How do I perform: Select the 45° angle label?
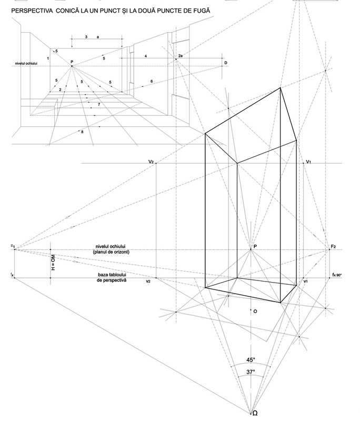pos(251,360)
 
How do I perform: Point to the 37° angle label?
pos(251,372)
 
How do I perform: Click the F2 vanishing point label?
pos(334,246)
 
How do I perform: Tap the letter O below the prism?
pos(255,312)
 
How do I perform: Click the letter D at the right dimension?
pos(226,63)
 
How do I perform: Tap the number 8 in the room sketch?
pos(82,131)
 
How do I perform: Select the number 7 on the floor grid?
pos(98,105)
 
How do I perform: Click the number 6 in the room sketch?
pos(151,82)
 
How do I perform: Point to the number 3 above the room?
pos(86,37)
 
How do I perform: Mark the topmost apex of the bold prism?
pos(281,88)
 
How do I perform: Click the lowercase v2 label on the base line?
pos(148,282)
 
